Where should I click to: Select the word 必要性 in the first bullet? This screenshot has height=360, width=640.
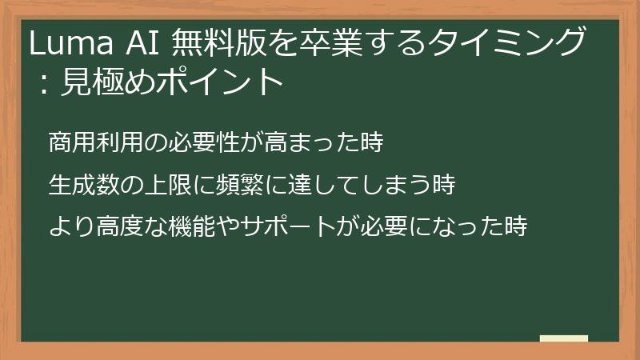pyautogui.click(x=194, y=144)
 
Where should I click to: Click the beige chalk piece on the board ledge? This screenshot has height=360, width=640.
pyautogui.click(x=563, y=338)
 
